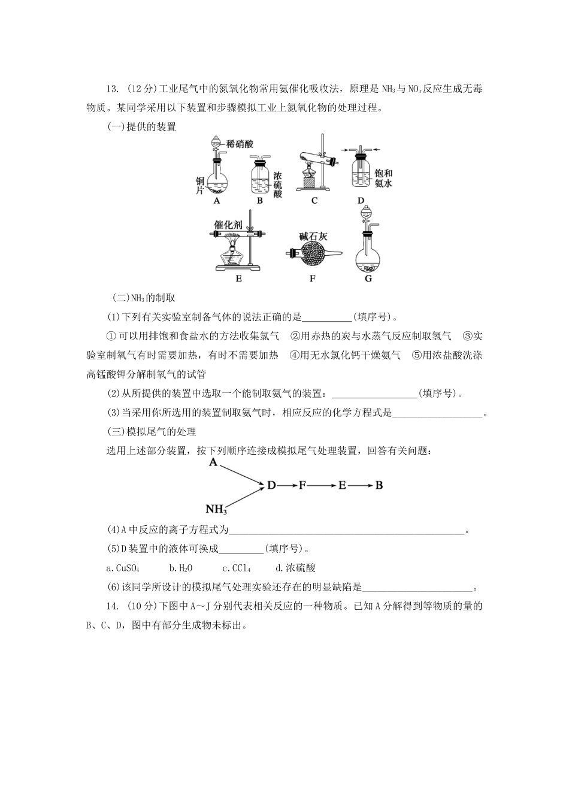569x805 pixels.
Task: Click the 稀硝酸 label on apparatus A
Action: click(x=240, y=144)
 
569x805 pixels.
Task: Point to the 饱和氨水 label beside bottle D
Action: click(x=383, y=179)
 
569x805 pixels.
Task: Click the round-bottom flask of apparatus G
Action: click(x=368, y=258)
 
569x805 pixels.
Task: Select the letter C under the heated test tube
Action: click(x=314, y=201)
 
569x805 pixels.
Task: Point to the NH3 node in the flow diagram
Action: click(x=216, y=510)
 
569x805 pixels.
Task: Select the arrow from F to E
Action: click(x=322, y=486)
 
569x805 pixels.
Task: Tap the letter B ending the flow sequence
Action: click(x=379, y=486)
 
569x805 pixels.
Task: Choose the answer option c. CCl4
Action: click(x=237, y=568)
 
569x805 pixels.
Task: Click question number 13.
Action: click(x=112, y=89)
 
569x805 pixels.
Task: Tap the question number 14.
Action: click(x=112, y=606)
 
